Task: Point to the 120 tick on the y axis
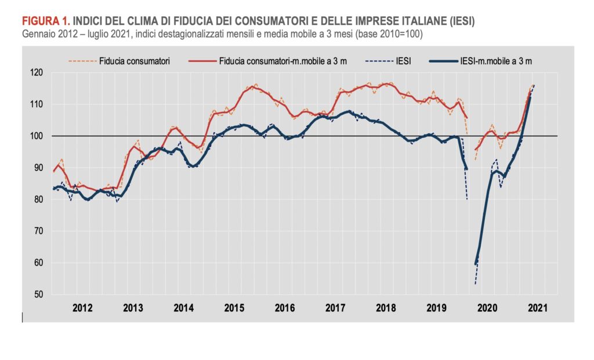pos(37,72)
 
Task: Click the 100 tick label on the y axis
pos(37,136)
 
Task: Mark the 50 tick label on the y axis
pos(39,294)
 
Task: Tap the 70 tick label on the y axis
pos(39,231)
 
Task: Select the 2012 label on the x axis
pos(82,308)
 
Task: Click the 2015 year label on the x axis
pos(234,308)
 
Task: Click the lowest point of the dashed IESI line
pos(475,284)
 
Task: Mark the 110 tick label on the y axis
pos(37,104)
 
